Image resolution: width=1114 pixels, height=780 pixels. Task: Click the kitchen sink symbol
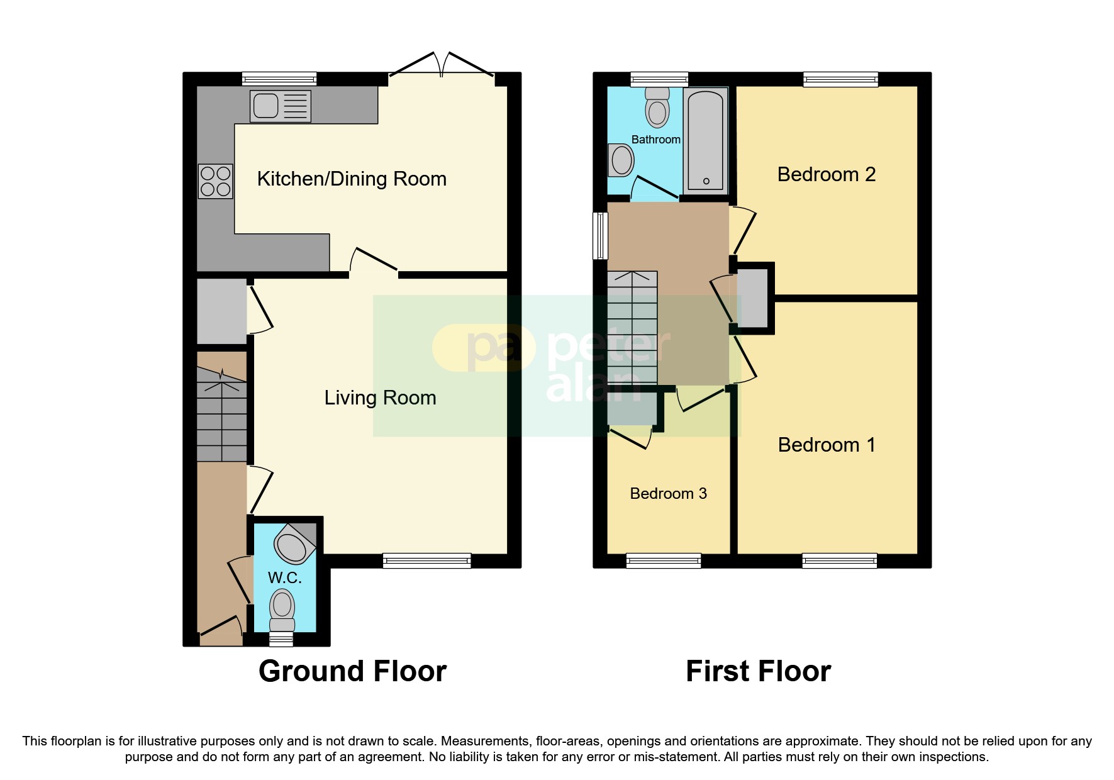click(x=281, y=106)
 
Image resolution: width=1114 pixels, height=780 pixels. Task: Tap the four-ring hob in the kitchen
click(x=215, y=181)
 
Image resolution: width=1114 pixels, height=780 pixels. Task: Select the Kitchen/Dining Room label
click(x=352, y=179)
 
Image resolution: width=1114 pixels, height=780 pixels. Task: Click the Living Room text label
click(x=380, y=398)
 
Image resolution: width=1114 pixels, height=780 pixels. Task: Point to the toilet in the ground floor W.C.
click(x=282, y=609)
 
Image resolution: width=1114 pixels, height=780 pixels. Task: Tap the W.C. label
click(x=284, y=578)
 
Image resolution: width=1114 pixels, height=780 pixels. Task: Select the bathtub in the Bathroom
click(x=705, y=140)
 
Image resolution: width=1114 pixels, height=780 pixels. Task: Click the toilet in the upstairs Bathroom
click(x=657, y=108)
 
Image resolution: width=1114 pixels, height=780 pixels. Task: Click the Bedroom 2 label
click(x=826, y=175)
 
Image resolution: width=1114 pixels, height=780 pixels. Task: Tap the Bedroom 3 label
click(x=668, y=494)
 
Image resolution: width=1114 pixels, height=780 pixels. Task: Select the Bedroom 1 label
click(x=826, y=445)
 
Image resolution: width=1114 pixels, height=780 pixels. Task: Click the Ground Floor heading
click(x=352, y=671)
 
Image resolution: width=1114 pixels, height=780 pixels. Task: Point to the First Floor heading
click(x=758, y=671)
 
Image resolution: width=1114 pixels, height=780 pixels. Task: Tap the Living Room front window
click(x=426, y=560)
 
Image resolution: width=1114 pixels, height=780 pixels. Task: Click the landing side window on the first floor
click(x=601, y=236)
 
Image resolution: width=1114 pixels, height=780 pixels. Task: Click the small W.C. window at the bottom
click(x=281, y=640)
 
